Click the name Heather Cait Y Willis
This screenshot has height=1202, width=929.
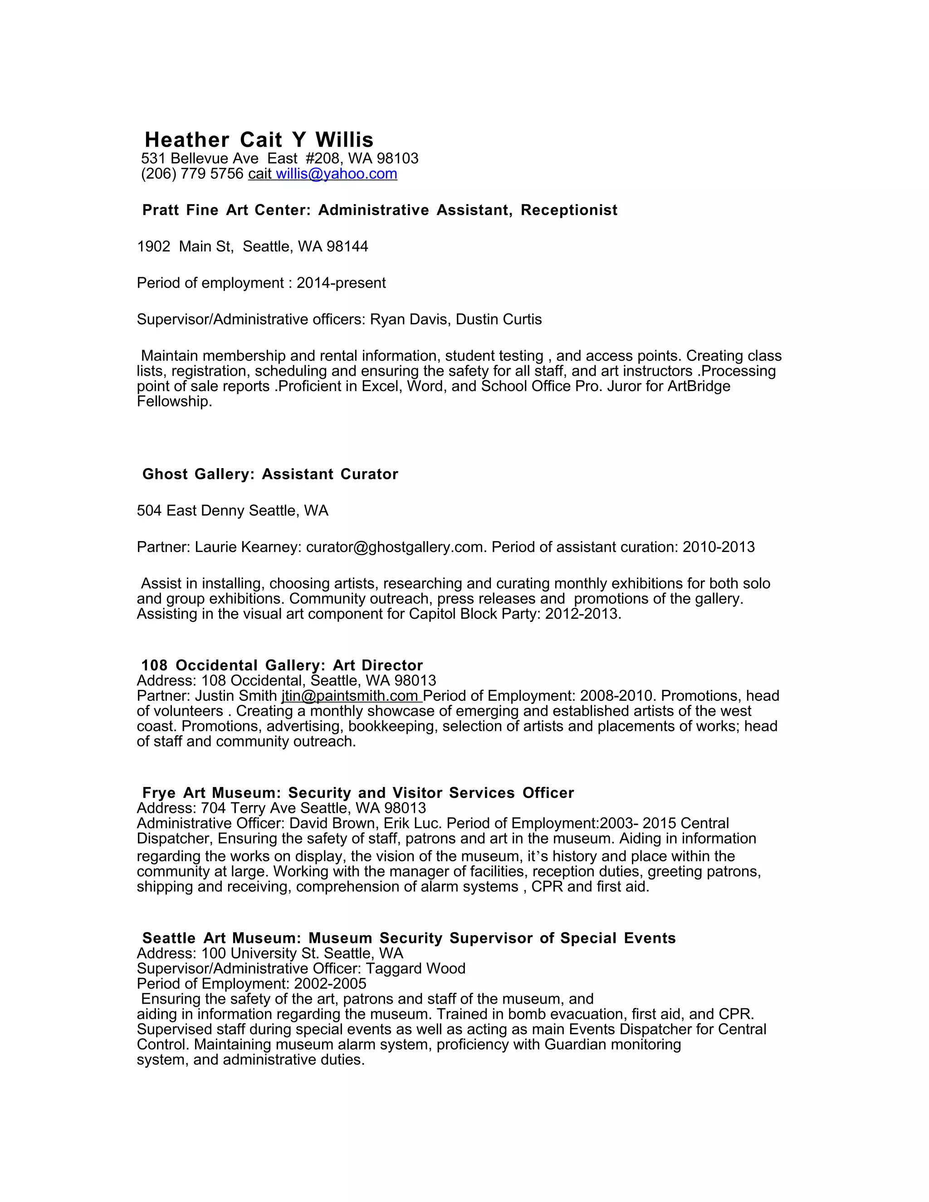259,140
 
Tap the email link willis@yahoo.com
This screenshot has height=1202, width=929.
336,174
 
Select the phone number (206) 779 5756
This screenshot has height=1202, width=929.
192,174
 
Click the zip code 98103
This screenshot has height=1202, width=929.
397,158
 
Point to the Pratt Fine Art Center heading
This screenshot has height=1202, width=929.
380,210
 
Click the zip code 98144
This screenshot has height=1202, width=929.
347,247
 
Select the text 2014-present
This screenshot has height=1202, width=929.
341,283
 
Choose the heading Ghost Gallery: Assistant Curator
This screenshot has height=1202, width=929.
270,474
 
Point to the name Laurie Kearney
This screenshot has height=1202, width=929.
245,547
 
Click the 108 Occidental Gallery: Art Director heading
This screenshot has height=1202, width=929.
282,665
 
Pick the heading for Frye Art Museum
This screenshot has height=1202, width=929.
358,793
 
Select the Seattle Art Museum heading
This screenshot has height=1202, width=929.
409,938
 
